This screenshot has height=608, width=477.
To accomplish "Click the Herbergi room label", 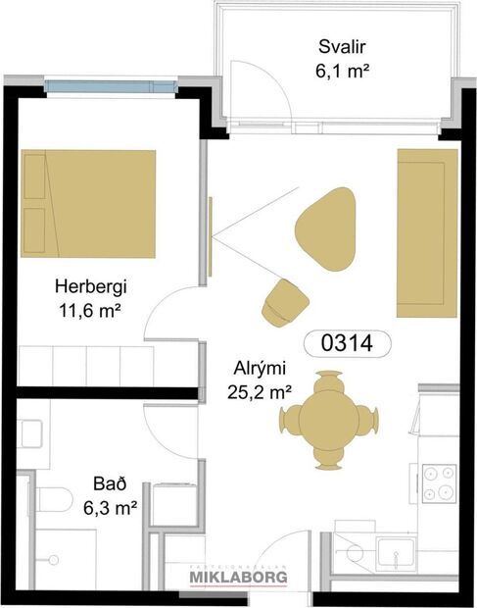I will pos(90,287).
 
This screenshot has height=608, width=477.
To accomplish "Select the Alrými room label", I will pos(260,369).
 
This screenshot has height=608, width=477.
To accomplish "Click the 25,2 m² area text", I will pos(260,392).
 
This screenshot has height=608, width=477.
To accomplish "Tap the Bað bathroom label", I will pos(109,483).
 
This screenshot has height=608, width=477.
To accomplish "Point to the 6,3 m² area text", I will pos(109,507).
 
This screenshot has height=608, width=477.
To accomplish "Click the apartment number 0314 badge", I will pos(348,343).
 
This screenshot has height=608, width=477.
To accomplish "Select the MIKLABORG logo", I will pos(238,578).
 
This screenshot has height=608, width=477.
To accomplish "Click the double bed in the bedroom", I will pos(88,202).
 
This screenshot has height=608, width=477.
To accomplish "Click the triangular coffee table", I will pos(325,228).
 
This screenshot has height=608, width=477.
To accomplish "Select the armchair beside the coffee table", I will pos(284,301).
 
